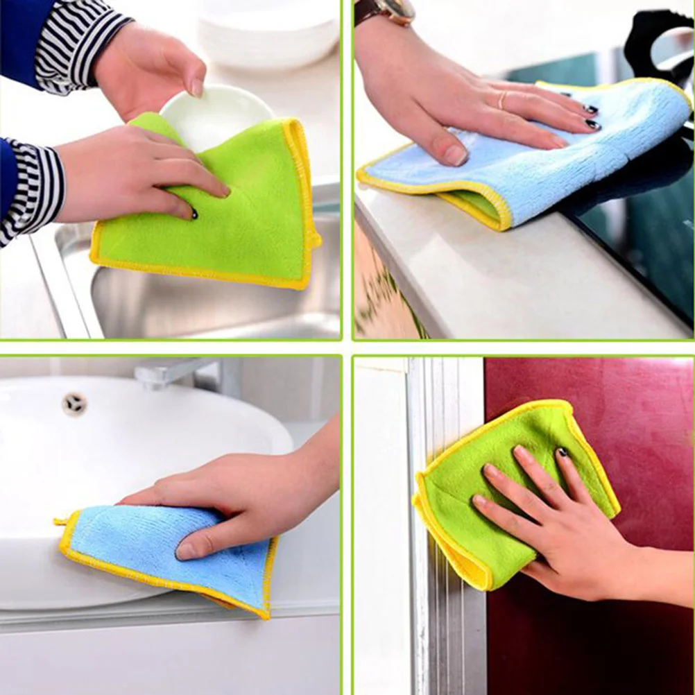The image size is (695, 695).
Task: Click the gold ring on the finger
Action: tap(501, 100)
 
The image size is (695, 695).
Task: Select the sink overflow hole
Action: tap(73, 403)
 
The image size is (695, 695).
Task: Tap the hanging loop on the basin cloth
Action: tap(62, 520)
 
